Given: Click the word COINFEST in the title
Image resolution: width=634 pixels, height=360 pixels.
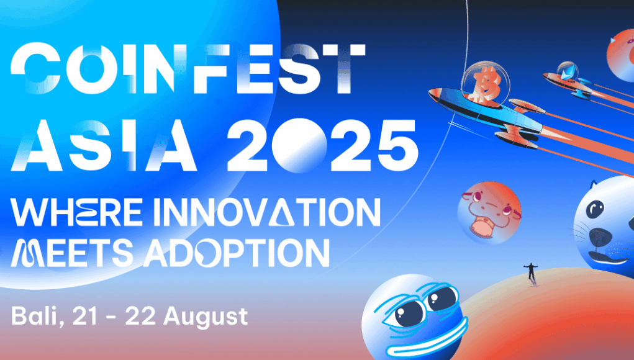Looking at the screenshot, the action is click(x=188, y=69).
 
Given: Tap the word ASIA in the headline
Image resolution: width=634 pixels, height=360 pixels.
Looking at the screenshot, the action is click(x=104, y=145).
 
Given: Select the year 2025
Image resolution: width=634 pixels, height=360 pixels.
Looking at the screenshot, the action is click(x=322, y=145).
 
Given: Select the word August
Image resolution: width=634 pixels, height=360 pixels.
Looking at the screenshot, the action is click(x=206, y=317).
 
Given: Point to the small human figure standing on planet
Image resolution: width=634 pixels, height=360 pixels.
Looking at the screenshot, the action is click(x=531, y=271).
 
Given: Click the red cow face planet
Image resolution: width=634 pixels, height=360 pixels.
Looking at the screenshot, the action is click(x=489, y=213).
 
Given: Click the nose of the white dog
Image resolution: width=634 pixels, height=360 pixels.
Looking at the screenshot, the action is click(x=601, y=236).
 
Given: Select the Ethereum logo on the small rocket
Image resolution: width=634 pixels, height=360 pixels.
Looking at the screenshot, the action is click(x=567, y=72).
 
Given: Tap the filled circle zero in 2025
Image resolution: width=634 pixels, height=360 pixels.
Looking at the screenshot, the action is click(x=299, y=146).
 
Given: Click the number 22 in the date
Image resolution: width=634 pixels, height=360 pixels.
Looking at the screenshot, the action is click(x=140, y=317).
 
